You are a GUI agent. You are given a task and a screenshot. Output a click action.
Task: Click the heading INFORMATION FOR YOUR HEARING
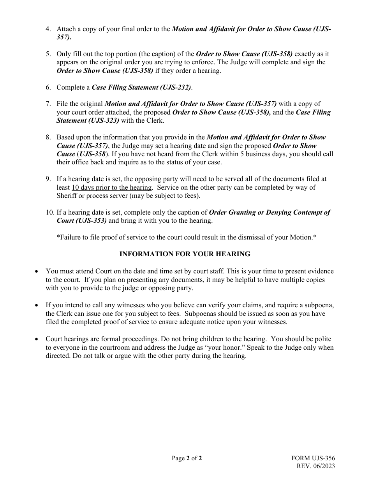[185, 254]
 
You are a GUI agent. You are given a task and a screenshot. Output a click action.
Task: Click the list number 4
[48, 29]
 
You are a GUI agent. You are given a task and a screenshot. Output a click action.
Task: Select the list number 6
[48, 87]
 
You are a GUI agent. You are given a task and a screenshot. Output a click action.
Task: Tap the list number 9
[48, 179]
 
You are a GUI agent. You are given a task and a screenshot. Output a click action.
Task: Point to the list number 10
[49, 212]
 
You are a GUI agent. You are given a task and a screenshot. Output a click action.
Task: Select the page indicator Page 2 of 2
[187, 458]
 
